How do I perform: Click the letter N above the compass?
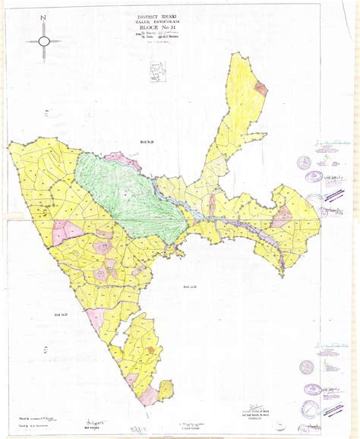[44, 16]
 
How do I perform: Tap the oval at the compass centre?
[44, 40]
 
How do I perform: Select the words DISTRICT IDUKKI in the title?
[157, 16]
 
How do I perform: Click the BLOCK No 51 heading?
[158, 30]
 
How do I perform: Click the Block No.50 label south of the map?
[190, 286]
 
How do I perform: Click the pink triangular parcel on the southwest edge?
[96, 320]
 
